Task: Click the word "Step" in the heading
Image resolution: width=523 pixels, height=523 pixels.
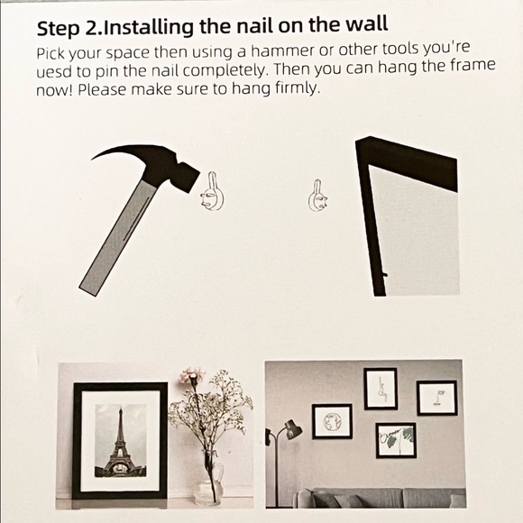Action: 59,28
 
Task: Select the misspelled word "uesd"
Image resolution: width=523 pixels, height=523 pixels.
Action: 53,72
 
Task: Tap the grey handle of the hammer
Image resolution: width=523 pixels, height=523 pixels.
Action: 118,238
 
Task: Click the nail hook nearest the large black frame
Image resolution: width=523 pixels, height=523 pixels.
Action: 317,197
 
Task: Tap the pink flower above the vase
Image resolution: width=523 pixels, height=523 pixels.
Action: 189,376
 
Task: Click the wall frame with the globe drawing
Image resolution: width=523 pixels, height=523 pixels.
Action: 332,421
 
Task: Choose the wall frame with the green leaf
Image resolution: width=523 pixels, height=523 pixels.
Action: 396,440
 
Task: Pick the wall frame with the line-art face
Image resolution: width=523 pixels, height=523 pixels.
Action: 437,398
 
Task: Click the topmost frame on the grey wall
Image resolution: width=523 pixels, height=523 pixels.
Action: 381,389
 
